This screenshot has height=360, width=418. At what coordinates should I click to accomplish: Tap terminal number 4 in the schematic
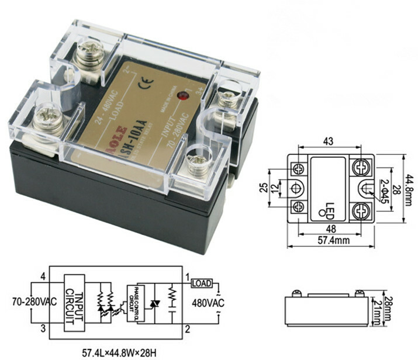pyautogui.click(x=43, y=276)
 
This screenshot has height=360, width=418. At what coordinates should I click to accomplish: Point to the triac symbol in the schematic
pyautogui.click(x=156, y=303)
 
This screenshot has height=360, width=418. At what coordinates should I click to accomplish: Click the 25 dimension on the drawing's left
pyautogui.click(x=264, y=187)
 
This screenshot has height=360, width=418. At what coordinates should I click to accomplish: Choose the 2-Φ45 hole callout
pyautogui.click(x=386, y=189)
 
